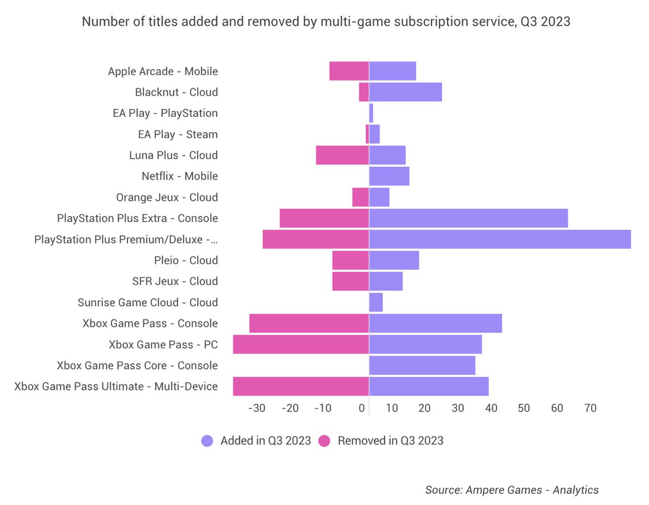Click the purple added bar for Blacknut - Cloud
point(406,92)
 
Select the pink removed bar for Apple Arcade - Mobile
point(349,71)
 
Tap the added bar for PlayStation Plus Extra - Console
point(468,218)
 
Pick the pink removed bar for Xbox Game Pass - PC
point(301,344)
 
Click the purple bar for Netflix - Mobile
point(389,176)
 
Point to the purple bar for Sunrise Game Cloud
point(376,302)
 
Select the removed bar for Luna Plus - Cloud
point(342,155)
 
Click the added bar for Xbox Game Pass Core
point(422,365)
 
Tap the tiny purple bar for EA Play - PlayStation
point(371,113)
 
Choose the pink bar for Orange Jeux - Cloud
point(360,197)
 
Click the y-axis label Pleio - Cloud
point(186,260)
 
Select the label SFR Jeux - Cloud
point(175,281)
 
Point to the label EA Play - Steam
point(177,134)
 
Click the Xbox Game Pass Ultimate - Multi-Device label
point(116,386)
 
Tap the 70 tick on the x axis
point(590,408)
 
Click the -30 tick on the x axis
point(257,408)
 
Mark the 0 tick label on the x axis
point(362,408)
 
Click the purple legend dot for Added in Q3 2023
point(207,441)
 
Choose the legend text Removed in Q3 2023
point(390,441)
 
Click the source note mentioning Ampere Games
point(512,490)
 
